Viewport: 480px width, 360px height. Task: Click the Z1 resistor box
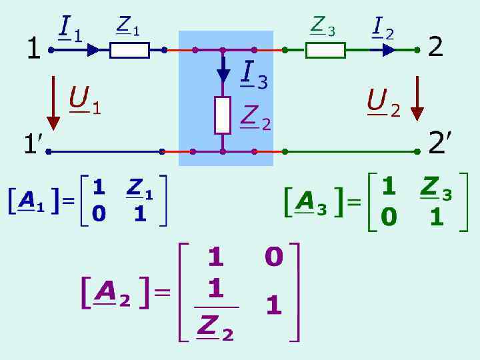point(129,50)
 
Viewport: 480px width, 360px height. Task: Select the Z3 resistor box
point(325,50)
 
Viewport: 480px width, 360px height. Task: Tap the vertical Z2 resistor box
point(223,115)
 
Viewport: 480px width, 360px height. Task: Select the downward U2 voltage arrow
point(417,99)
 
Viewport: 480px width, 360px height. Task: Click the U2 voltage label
point(383,102)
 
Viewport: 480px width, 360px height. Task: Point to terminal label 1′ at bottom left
point(33,143)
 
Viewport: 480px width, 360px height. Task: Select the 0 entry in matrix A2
point(274,257)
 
